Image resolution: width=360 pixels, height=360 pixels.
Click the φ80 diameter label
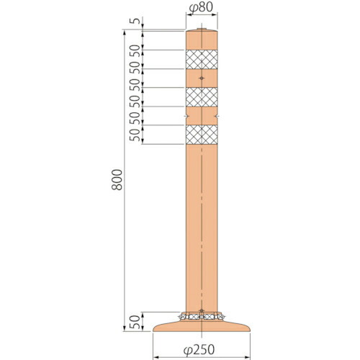point(201,8)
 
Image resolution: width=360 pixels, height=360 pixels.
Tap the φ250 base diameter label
point(199,350)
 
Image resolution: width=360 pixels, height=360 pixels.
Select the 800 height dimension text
point(117,180)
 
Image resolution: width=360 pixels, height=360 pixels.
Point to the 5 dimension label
point(135,21)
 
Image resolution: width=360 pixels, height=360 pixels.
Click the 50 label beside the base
point(135,322)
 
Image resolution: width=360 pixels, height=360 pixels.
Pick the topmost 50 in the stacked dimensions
point(135,50)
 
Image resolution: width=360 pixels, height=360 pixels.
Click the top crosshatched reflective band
point(202,59)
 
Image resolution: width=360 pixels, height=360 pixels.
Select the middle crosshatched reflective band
point(202,97)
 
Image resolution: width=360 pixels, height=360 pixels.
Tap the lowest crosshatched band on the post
point(202,135)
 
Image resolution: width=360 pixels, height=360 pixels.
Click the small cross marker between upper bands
point(202,78)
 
